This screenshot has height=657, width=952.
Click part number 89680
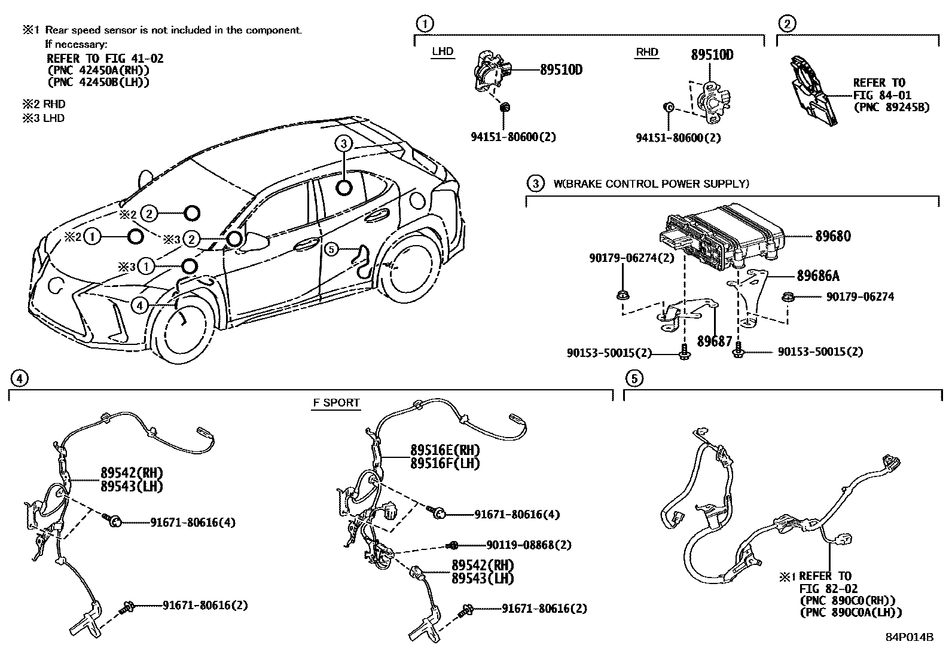click(833, 236)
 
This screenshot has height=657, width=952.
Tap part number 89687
click(714, 341)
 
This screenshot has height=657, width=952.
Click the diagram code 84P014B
click(909, 637)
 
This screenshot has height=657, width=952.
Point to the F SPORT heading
click(337, 402)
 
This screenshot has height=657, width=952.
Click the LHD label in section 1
click(443, 51)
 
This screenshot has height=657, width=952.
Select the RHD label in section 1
click(646, 52)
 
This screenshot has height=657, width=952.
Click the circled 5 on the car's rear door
click(332, 249)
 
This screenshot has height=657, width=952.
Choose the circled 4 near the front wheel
click(139, 306)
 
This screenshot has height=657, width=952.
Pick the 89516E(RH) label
click(445, 450)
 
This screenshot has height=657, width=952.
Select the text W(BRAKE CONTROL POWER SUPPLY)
click(651, 184)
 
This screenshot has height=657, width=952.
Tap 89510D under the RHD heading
click(712, 55)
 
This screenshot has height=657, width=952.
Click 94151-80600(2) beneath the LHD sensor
click(513, 137)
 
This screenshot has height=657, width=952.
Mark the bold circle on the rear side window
click(344, 188)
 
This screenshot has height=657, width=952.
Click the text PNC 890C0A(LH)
click(850, 612)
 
